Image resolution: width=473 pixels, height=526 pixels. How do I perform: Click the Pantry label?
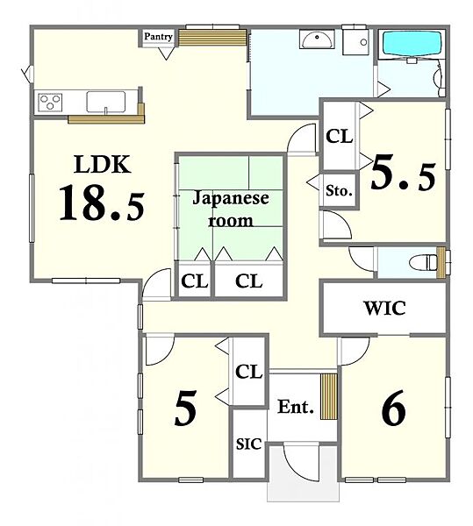click(x=158, y=37)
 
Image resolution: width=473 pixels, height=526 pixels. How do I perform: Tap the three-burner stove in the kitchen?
click(x=50, y=102)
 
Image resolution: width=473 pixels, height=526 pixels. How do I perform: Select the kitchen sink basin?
click(x=106, y=102)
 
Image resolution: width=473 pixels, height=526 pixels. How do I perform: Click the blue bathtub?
click(x=412, y=44)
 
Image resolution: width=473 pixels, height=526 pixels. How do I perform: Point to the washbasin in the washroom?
click(x=317, y=39)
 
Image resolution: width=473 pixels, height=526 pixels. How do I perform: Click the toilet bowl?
click(x=424, y=262)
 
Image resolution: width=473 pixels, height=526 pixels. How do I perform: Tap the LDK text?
click(x=102, y=165)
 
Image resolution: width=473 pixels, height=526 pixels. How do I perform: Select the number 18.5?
click(x=102, y=203)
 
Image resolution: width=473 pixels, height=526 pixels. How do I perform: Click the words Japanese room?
click(x=231, y=209)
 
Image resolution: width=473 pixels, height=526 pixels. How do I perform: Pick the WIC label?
click(x=384, y=309)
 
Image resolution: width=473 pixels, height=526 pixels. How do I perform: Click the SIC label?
click(x=248, y=444)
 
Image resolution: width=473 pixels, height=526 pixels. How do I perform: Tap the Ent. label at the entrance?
click(x=296, y=407)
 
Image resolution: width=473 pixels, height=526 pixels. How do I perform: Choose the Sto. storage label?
click(x=339, y=191)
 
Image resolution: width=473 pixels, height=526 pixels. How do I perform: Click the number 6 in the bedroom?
click(x=394, y=408)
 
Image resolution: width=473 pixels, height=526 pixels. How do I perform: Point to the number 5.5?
click(x=403, y=173)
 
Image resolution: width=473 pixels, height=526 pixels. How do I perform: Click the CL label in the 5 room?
click(x=248, y=372)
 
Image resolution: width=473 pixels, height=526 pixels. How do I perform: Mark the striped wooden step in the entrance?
click(x=329, y=396)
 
